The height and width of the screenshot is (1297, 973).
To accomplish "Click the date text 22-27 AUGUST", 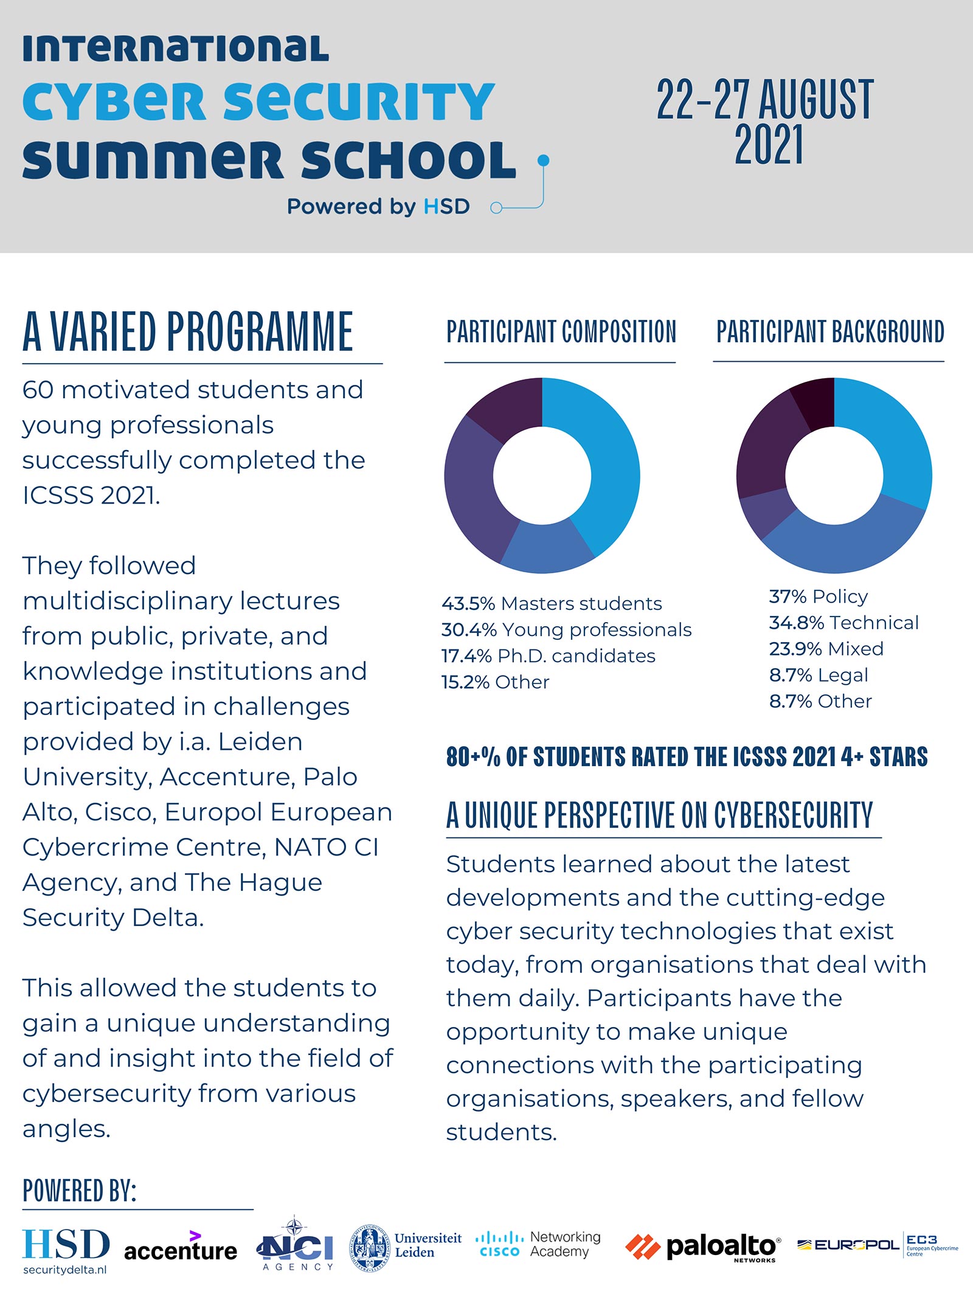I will click(765, 100).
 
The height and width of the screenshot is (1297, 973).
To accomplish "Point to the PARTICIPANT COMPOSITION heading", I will click(561, 332).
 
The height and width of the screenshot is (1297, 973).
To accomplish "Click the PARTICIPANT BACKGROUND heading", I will click(830, 332).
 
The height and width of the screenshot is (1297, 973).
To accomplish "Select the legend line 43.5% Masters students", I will click(552, 603).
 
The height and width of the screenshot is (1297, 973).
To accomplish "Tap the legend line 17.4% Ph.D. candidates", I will click(548, 655).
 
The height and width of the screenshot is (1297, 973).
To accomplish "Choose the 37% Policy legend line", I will click(818, 597).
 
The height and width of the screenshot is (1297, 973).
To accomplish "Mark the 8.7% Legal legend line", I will click(818, 675).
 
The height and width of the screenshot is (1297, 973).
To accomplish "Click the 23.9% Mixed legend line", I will click(826, 649).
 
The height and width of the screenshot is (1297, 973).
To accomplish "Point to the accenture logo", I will click(181, 1248).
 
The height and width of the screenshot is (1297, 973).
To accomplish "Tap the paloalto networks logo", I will click(703, 1247).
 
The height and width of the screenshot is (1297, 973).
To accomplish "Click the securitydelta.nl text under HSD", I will click(65, 1270).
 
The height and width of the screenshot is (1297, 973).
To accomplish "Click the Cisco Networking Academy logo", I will click(538, 1244).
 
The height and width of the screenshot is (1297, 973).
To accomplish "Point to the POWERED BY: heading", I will click(79, 1190).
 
